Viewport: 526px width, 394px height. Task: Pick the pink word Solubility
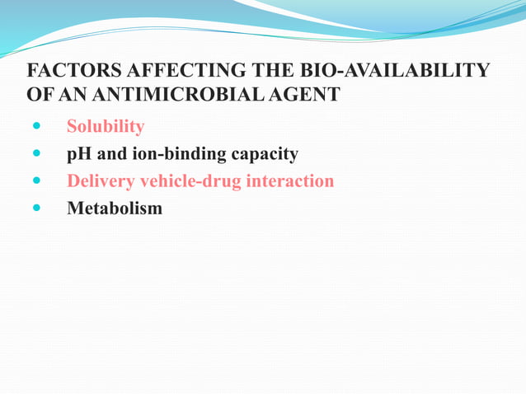click(106, 127)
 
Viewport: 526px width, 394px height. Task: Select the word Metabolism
click(115, 209)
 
